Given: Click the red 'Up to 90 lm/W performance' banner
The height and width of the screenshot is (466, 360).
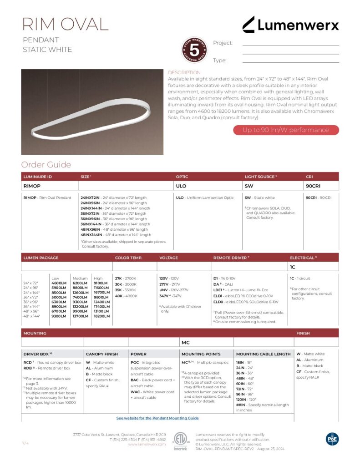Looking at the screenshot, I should tap(286, 130).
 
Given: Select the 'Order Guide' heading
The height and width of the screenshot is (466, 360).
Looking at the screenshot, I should tap(46, 165).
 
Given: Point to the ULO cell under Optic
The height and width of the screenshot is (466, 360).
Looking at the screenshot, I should tap(181, 186).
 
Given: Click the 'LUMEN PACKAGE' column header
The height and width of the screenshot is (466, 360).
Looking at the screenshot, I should tap(41, 258).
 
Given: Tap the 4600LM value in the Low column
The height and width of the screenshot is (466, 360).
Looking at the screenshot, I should tap(59, 283).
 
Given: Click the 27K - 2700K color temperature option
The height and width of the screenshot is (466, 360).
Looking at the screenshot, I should tap(126, 278).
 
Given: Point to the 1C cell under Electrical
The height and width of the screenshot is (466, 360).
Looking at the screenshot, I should tap(293, 267).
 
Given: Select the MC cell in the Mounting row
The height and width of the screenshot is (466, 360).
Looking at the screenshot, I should tap(185, 342).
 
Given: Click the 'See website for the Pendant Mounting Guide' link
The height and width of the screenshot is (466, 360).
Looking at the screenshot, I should tap(157, 418).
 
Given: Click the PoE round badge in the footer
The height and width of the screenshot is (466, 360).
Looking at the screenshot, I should tap(332, 439).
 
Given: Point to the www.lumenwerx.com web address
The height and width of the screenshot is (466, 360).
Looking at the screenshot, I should tap(147, 444).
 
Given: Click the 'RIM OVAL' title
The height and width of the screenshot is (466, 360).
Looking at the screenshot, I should tap(66, 24).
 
